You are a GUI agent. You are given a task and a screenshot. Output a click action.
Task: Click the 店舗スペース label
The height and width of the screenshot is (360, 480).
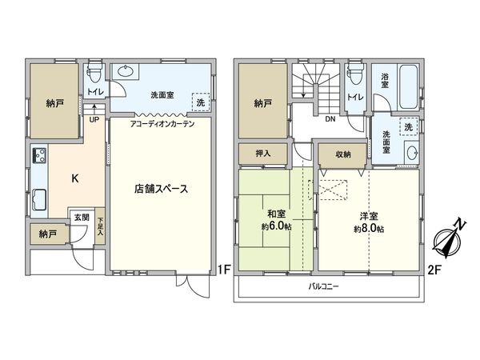(161, 190)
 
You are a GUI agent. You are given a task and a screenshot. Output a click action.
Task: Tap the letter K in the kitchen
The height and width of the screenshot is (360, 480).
(74, 178)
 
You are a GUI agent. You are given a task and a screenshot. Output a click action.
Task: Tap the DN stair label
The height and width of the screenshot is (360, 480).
(330, 120)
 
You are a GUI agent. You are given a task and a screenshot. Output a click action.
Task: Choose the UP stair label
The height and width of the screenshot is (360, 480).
(94, 120)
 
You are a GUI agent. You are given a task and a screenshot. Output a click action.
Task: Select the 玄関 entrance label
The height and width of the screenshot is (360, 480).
(82, 216)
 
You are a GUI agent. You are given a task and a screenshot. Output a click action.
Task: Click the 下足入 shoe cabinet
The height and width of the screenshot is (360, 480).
(100, 226)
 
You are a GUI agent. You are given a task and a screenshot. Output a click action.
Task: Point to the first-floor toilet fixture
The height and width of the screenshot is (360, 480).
(94, 73)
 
